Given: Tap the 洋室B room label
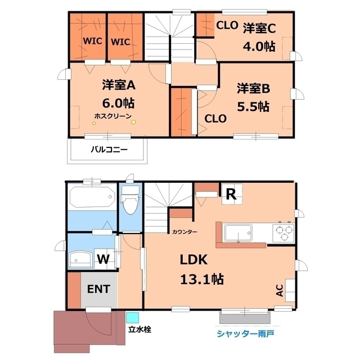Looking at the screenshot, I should click(253, 88).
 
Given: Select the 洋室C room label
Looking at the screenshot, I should click(259, 28).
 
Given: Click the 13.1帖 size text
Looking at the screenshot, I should click(202, 278).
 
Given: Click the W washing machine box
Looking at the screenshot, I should click(103, 259).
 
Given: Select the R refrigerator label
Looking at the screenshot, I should click(231, 195).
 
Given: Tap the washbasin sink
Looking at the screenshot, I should click(82, 259).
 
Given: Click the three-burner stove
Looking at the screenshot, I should click(283, 231).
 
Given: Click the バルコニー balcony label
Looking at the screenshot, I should click(109, 150).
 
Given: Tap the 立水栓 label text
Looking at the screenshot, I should click(139, 330).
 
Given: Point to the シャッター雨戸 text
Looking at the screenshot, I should click(245, 334).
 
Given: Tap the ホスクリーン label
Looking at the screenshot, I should click(113, 116).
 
